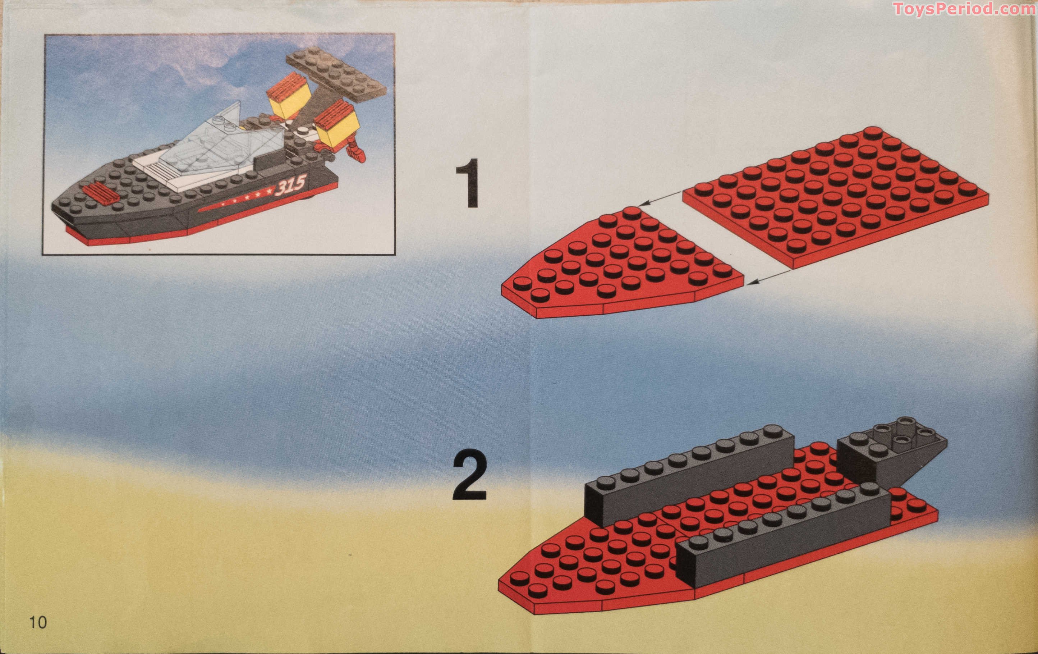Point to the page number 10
(x=38, y=622)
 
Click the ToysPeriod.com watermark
(x=964, y=8)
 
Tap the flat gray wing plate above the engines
(x=336, y=73)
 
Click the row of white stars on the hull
(x=246, y=197)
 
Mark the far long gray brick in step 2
(x=690, y=474)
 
